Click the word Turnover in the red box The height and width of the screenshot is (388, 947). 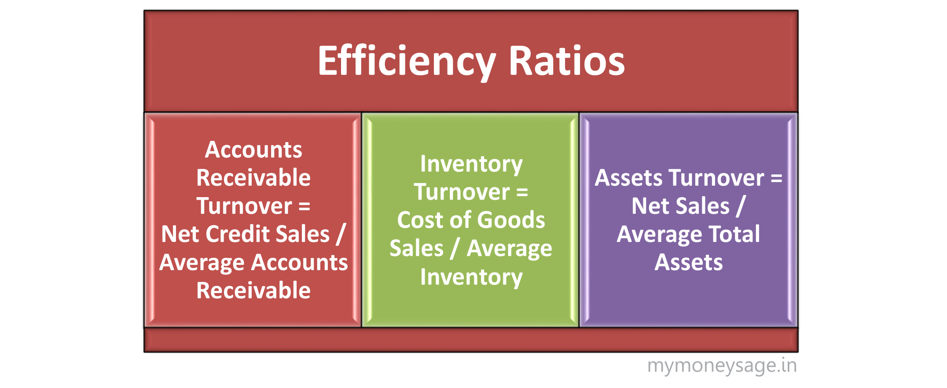pyautogui.click(x=244, y=206)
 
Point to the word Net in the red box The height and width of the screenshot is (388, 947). pyautogui.click(x=180, y=234)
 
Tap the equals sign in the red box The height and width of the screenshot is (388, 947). pyautogui.click(x=305, y=206)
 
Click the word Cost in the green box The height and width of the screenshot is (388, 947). pyautogui.click(x=418, y=220)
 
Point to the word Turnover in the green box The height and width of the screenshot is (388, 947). pyautogui.click(x=462, y=192)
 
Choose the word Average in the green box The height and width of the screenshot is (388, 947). pyautogui.click(x=509, y=249)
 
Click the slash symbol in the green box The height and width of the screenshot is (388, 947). pyautogui.click(x=455, y=249)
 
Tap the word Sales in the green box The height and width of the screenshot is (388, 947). pyautogui.click(x=416, y=249)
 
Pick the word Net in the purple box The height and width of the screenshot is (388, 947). pyautogui.click(x=650, y=206)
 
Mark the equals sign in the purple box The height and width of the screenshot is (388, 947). pyautogui.click(x=776, y=178)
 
